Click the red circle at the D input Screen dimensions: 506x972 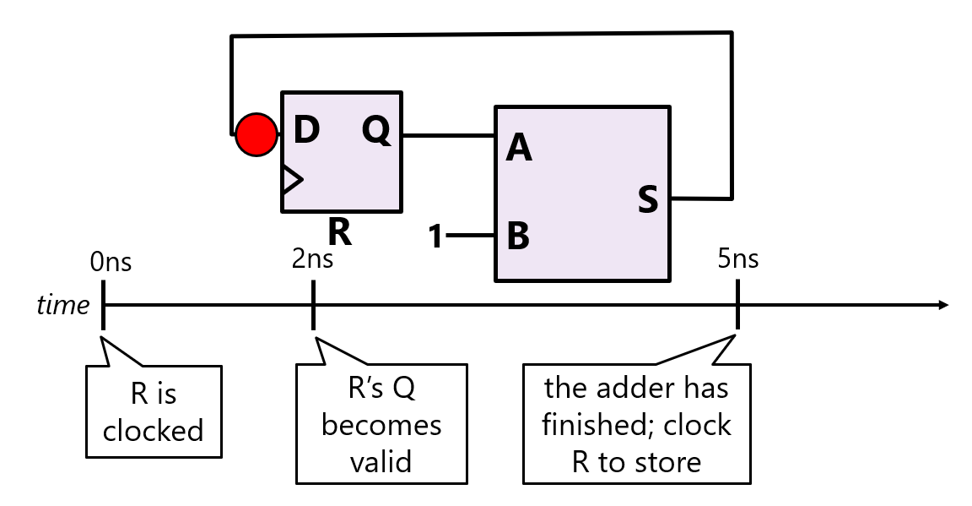256,135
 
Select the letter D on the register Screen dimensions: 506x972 306,131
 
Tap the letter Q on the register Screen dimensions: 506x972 377,131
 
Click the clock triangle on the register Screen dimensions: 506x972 290,179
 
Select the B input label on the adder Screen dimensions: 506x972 518,237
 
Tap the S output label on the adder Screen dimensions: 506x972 647,201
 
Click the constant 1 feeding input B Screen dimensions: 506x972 435,237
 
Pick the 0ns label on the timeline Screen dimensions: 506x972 111,262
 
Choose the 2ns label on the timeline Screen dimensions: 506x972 312,258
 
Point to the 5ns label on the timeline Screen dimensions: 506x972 737,258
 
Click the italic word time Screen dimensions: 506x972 62,305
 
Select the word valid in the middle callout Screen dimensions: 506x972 381,462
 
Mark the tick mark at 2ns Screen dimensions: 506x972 313,305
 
